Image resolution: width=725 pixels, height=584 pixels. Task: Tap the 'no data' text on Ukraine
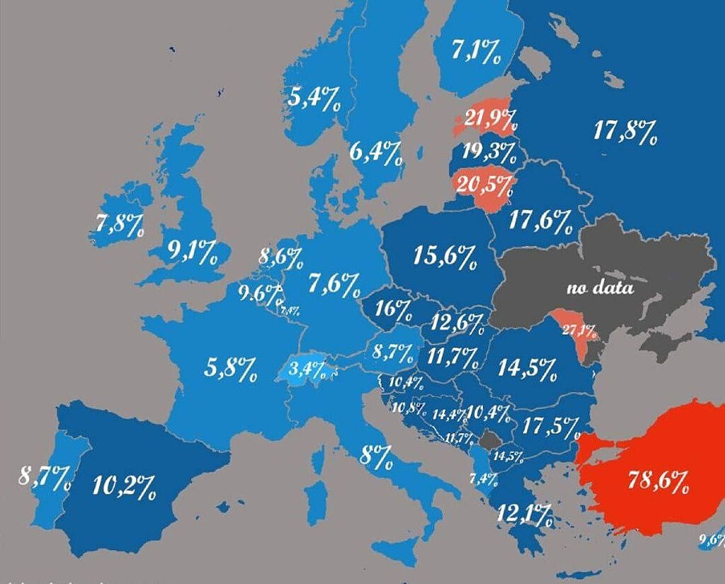tap(599, 288)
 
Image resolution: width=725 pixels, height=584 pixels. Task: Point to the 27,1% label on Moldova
tap(580, 330)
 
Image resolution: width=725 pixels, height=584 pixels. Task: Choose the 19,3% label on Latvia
tap(489, 151)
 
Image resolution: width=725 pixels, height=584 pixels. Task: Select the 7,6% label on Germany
tap(334, 285)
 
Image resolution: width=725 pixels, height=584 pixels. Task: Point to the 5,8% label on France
tap(230, 367)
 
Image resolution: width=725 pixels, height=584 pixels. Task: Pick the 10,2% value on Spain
tap(124, 486)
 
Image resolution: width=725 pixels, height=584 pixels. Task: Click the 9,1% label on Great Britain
tap(192, 251)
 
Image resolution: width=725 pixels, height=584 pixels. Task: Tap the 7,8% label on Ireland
tap(119, 225)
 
